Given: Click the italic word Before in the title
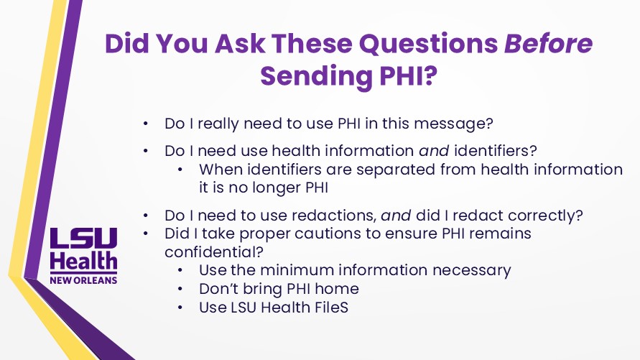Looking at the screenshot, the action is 548,43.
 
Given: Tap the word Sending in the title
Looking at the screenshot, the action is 316,76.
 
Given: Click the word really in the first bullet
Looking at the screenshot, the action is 218,124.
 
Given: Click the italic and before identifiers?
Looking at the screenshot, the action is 434,151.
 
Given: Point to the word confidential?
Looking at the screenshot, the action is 214,251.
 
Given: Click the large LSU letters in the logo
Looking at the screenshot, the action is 83,238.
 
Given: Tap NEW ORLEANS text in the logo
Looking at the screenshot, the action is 83,280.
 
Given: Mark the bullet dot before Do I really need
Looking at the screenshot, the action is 145,124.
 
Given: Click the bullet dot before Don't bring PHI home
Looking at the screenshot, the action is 180,289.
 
